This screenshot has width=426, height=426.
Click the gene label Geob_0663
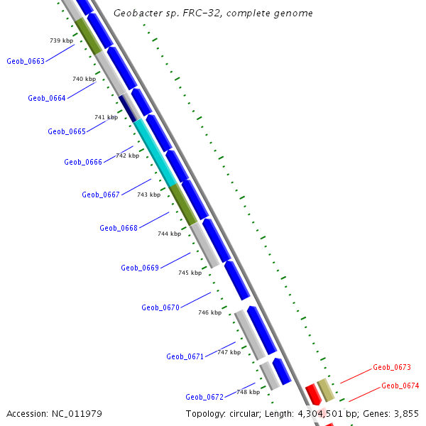click(x=26, y=61)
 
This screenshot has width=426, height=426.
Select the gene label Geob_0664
click(x=47, y=98)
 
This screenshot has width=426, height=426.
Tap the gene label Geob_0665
click(x=67, y=131)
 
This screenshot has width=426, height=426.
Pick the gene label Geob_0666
click(x=83, y=162)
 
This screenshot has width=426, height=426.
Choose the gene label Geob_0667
click(x=101, y=195)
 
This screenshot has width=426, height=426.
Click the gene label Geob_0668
click(x=119, y=228)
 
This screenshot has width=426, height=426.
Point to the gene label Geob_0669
click(x=140, y=268)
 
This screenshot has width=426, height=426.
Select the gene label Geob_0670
click(x=160, y=307)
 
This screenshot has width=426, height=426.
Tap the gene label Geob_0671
click(x=185, y=356)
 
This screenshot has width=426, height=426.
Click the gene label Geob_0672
click(x=204, y=397)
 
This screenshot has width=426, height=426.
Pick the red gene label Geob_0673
click(x=392, y=367)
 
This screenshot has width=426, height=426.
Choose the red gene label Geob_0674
click(x=400, y=386)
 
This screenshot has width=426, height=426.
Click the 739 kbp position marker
click(x=61, y=40)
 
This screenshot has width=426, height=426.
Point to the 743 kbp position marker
click(x=148, y=195)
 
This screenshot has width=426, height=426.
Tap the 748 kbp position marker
click(x=248, y=392)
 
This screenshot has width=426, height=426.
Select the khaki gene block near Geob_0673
click(x=325, y=390)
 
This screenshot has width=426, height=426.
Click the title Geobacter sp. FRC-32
click(x=213, y=13)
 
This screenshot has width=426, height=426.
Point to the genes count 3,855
click(x=405, y=413)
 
